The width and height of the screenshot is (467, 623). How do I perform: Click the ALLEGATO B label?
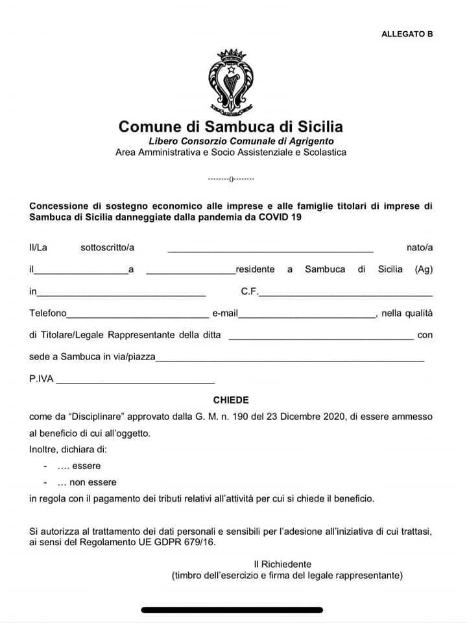[407, 34]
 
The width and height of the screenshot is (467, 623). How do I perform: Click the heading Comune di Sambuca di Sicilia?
[230, 127]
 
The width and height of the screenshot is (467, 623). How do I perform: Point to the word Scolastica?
[322, 153]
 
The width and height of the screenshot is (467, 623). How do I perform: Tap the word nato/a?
[419, 247]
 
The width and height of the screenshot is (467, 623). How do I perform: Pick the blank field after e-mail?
[307, 315]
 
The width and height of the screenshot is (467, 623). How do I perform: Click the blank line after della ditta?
[320, 337]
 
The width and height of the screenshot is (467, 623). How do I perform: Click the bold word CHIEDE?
[231, 400]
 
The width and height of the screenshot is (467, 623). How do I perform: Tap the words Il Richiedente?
[282, 564]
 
